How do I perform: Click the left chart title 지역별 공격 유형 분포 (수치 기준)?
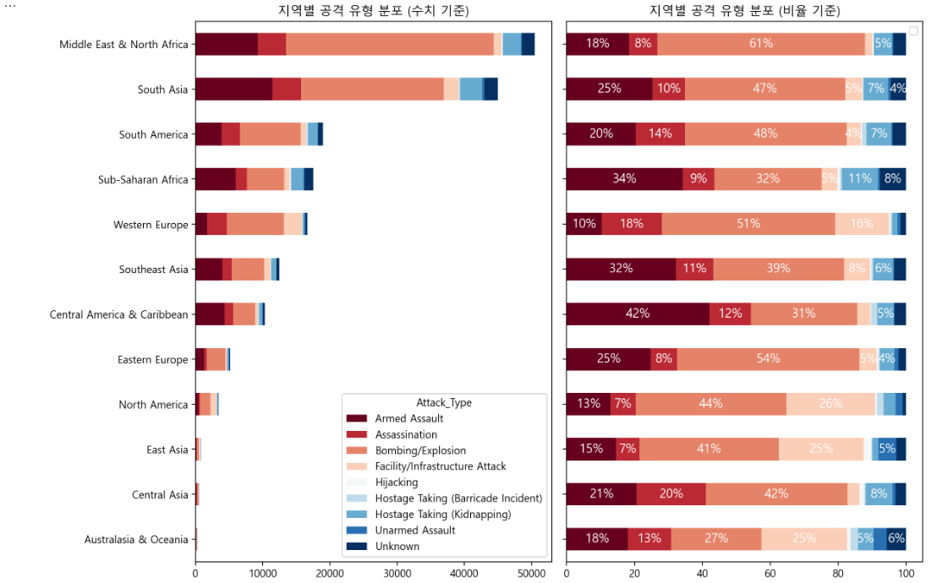pyautogui.click(x=373, y=10)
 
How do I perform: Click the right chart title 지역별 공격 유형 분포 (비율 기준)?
pyautogui.click(x=744, y=10)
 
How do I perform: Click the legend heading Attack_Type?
pyautogui.click(x=444, y=402)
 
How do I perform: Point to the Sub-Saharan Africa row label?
pyautogui.click(x=143, y=179)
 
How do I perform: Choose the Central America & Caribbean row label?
pyautogui.click(x=119, y=314)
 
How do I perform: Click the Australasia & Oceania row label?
pyautogui.click(x=136, y=539)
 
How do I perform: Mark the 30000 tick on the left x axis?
pyautogui.click(x=397, y=572)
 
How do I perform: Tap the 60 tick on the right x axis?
pyautogui.click(x=770, y=572)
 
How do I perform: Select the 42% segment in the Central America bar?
pyautogui.click(x=638, y=314)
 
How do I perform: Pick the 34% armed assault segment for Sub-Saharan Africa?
pyautogui.click(x=624, y=179)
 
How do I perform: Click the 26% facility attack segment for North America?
pyautogui.click(x=830, y=404)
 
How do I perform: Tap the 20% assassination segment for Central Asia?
pyautogui.click(x=671, y=494)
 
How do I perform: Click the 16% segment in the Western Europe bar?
pyautogui.click(x=862, y=224)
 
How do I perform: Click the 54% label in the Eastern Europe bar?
pyautogui.click(x=768, y=359)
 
